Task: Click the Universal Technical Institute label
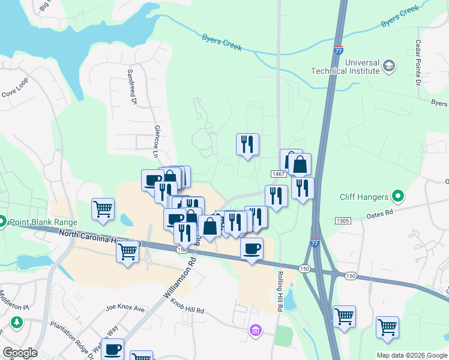pyautogui.click(x=345, y=67)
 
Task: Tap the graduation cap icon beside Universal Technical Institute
pyautogui.click(x=389, y=65)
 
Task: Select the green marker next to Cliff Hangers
pyautogui.click(x=397, y=196)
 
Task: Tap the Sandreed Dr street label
pyautogui.click(x=130, y=85)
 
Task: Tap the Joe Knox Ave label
pyautogui.click(x=125, y=309)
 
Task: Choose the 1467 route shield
pyautogui.click(x=277, y=173)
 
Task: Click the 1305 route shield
pyautogui.click(x=343, y=221)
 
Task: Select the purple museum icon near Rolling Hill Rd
pyautogui.click(x=255, y=330)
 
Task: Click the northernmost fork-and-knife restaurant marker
pyautogui.click(x=247, y=144)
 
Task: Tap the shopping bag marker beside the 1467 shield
pyautogui.click(x=300, y=164)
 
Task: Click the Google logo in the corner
pyautogui.click(x=20, y=353)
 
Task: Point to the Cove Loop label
pyautogui.click(x=15, y=94)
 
